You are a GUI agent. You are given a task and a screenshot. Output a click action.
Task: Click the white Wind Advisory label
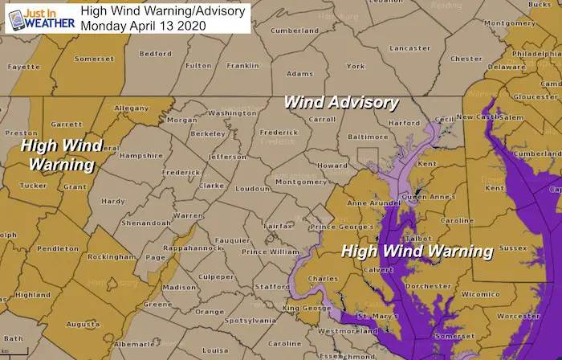341,102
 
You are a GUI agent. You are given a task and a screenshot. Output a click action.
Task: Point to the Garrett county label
67,125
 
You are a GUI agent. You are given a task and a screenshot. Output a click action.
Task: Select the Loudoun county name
253,188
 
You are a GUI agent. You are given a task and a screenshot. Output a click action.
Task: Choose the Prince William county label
266,253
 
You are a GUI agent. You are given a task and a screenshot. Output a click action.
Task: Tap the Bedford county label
156,54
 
